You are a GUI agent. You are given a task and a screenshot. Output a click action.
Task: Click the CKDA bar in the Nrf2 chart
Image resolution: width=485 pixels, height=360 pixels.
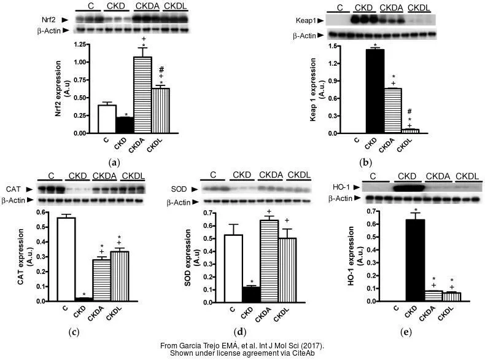click(x=143, y=95)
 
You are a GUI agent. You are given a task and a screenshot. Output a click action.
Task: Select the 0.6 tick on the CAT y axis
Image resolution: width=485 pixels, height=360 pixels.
click(x=45, y=213)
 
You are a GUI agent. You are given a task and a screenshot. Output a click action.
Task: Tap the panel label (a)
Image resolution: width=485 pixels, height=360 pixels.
click(x=113, y=163)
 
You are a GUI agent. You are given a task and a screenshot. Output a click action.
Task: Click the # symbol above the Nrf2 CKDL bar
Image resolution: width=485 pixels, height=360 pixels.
click(x=161, y=69)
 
